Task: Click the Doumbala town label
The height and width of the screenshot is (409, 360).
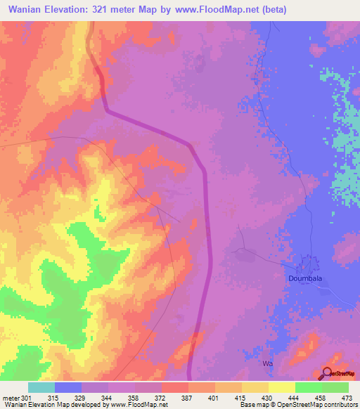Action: pyautogui.click(x=305, y=278)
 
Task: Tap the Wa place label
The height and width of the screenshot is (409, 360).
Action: pyautogui.click(x=266, y=364)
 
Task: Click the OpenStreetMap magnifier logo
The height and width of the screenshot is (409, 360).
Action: pyautogui.click(x=328, y=374)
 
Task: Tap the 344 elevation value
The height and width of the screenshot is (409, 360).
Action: pyautogui.click(x=108, y=397)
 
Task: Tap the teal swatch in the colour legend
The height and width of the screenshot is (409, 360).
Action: pyautogui.click(x=41, y=387)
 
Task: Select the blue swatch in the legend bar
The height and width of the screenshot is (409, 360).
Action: pyautogui.click(x=67, y=387)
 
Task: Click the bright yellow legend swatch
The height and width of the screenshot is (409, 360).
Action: pyautogui.click(x=281, y=387)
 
